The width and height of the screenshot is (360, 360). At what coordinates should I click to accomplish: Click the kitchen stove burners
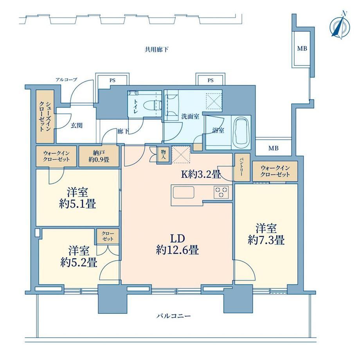221,192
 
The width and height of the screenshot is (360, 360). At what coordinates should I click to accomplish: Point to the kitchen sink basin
184,193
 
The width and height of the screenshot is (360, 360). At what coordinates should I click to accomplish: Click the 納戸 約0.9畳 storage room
99,156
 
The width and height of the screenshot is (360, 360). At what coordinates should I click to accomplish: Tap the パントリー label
242,167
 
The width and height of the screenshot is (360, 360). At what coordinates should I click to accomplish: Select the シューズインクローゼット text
45,116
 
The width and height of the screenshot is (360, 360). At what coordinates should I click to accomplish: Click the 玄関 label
76,126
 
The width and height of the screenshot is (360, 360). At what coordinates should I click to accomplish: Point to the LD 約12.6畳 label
177,244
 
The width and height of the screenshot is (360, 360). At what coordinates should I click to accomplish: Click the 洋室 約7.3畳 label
266,234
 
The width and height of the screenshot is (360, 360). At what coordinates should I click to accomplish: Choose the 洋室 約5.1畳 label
77,198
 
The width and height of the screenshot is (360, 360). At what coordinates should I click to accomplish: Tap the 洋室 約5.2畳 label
79,256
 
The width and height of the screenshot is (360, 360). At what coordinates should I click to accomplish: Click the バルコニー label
174,316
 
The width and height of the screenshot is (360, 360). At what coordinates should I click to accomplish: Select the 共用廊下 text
157,49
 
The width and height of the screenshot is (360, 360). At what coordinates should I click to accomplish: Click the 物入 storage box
163,155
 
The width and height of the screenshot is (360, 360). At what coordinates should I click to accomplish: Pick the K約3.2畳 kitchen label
201,175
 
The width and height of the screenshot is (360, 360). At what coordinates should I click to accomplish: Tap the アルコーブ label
67,80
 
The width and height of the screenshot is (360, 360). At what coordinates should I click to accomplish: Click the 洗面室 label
190,116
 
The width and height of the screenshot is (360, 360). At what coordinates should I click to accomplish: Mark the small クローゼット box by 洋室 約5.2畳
108,236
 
